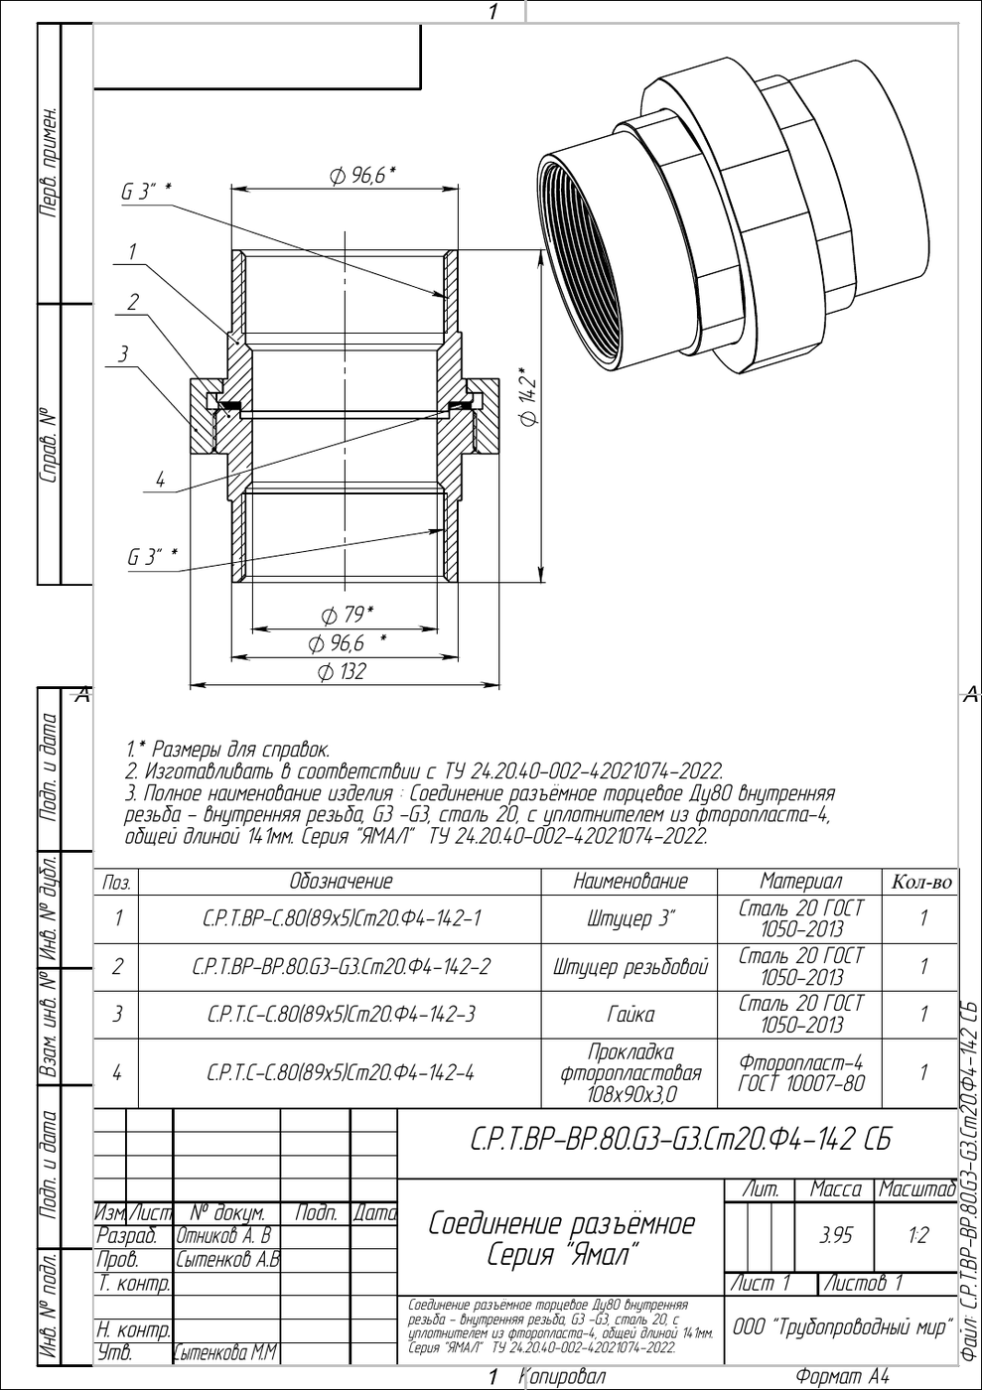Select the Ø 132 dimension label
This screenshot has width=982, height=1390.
click(342, 671)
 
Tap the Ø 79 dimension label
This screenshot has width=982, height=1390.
click(347, 615)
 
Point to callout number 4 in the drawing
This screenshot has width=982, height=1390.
click(160, 480)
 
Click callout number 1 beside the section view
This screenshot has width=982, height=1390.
click(132, 252)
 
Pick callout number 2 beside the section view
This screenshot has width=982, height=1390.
click(133, 302)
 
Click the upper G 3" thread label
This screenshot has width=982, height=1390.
click(147, 192)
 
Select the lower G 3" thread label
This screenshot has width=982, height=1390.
click(153, 557)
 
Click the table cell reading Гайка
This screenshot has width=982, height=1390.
click(631, 1015)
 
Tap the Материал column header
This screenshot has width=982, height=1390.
click(800, 882)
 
